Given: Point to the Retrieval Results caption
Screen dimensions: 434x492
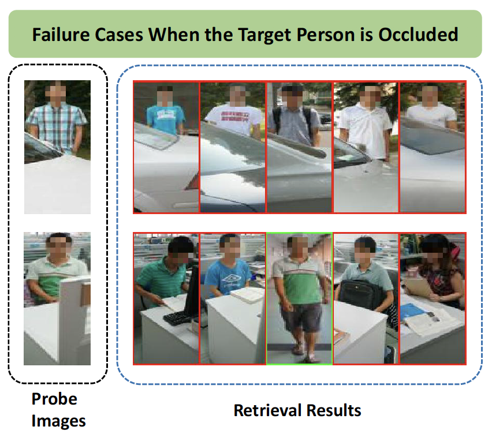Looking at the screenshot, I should (297, 410).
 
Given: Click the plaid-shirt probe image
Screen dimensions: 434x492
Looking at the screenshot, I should (57, 147).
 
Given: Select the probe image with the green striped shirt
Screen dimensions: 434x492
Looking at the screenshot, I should (57, 298).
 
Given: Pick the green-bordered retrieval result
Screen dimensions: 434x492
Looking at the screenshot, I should (299, 298).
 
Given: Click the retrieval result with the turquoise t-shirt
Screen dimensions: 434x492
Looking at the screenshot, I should (166, 147).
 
